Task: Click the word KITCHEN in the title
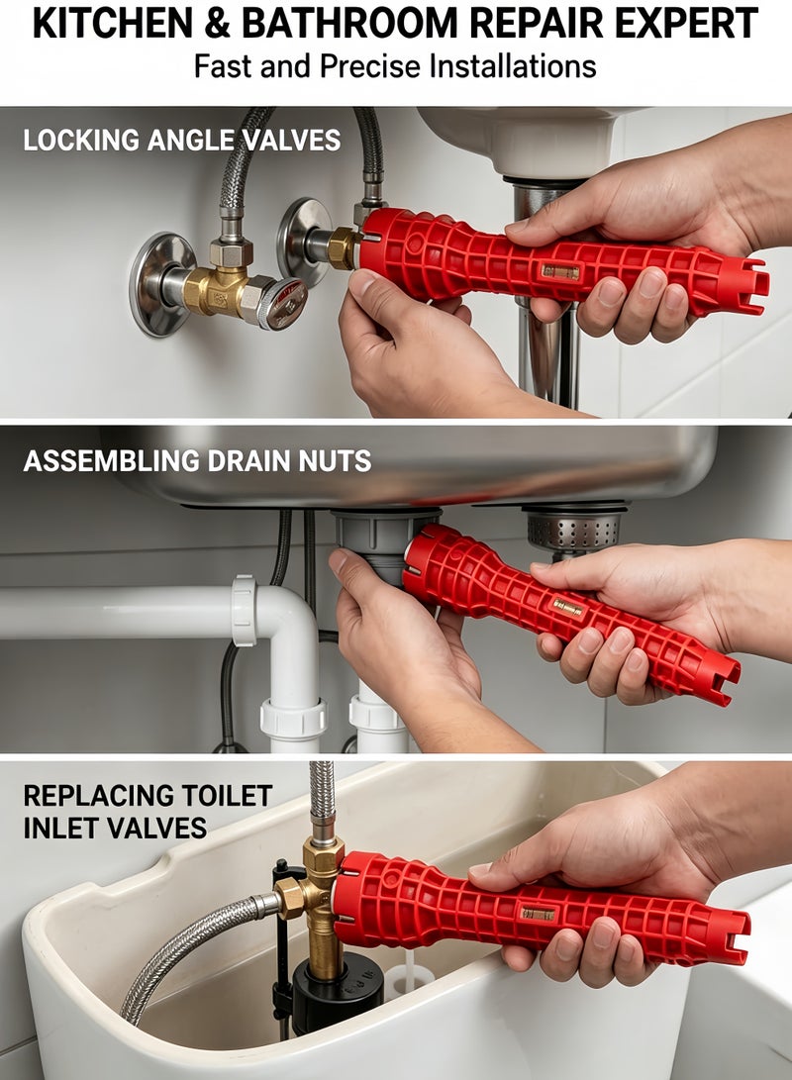coord(114,24)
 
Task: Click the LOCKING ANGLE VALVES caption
coord(182,140)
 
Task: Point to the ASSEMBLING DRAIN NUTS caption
coord(197,460)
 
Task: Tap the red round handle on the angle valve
coord(285,302)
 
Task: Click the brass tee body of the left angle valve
coord(216,290)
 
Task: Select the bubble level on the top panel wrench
coord(560,271)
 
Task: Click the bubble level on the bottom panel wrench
coord(538,914)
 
